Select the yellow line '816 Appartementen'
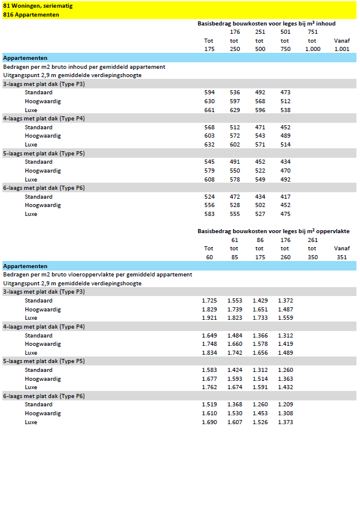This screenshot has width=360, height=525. pyautogui.click(x=31, y=14)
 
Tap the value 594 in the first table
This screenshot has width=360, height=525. pyautogui.click(x=209, y=93)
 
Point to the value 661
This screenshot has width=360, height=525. pyautogui.click(x=209, y=110)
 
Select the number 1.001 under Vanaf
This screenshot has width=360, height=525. pyautogui.click(x=342, y=49)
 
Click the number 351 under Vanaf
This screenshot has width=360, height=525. pyautogui.click(x=342, y=257)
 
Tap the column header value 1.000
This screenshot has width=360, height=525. pyautogui.click(x=313, y=49)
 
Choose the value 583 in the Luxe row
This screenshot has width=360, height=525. pyautogui.click(x=209, y=214)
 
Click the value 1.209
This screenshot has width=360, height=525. pyautogui.click(x=285, y=405)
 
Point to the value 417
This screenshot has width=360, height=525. pyautogui.click(x=285, y=197)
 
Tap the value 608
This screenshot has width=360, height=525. pyautogui.click(x=209, y=179)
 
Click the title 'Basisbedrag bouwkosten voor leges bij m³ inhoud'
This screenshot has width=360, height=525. pyautogui.click(x=266, y=24)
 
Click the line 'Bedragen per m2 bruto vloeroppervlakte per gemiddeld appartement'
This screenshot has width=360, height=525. pyautogui.click(x=98, y=275)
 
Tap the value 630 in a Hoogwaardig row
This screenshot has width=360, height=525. pyautogui.click(x=209, y=101)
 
